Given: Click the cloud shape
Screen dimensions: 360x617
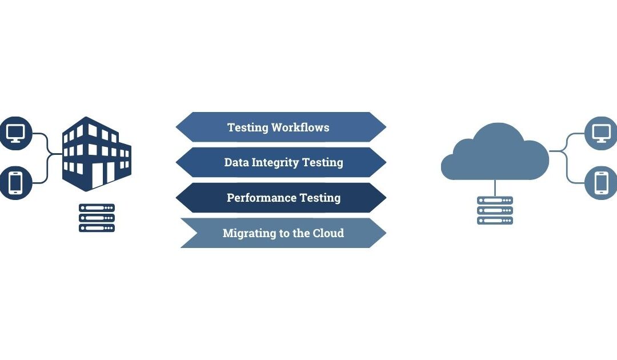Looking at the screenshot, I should tap(494, 154).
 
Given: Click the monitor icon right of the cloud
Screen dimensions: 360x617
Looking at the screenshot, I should tap(602, 133).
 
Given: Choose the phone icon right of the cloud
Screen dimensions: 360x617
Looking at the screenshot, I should tap(602, 183).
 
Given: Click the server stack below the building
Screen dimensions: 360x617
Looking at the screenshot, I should tap(97, 218).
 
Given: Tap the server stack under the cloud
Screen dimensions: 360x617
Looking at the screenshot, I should tap(495, 210).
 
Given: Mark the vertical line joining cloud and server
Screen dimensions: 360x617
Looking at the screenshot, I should tap(495, 187).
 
